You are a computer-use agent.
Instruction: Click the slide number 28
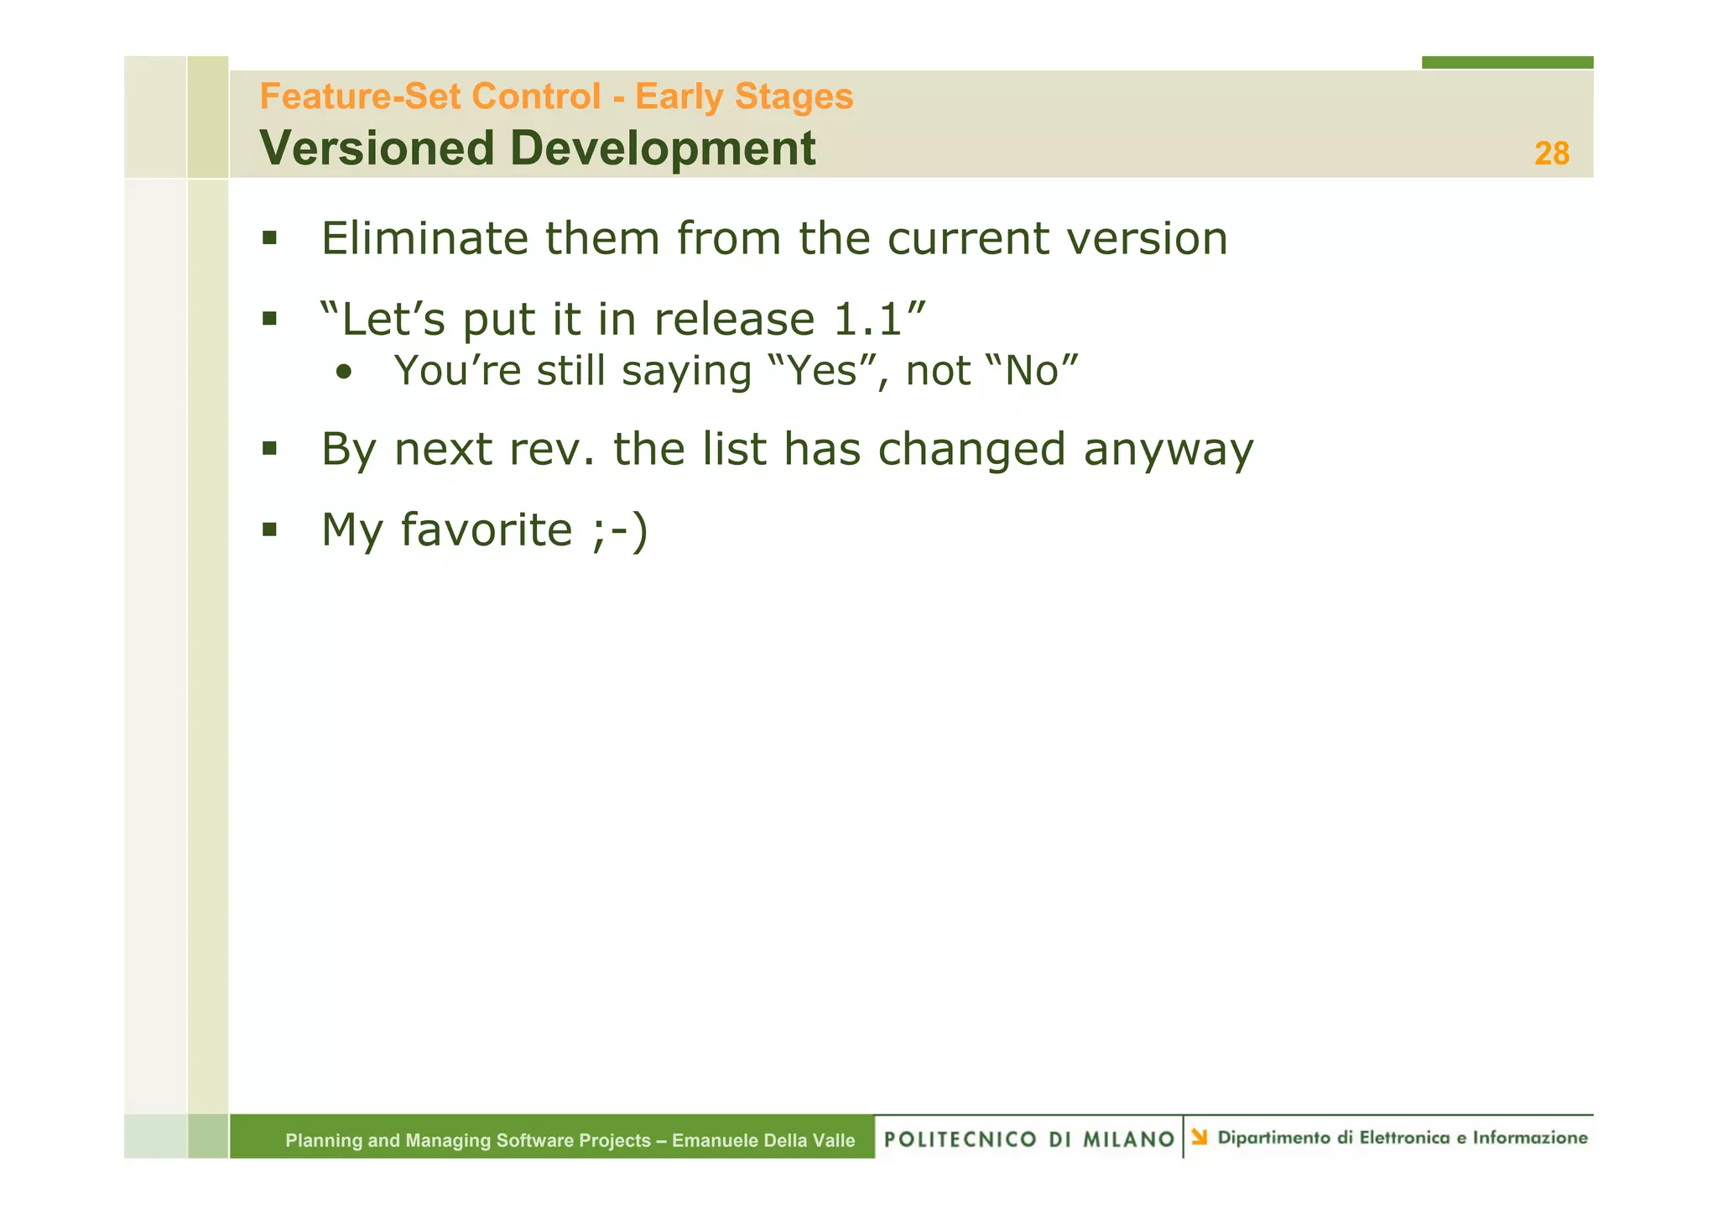(x=1551, y=154)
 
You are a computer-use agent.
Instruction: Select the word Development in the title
(x=662, y=149)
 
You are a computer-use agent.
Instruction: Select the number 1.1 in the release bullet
(x=868, y=320)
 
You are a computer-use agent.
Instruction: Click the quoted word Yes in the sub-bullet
(x=820, y=371)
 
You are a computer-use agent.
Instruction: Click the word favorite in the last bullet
(x=486, y=530)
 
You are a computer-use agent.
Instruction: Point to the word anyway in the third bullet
(x=1169, y=450)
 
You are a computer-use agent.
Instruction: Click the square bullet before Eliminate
(x=269, y=238)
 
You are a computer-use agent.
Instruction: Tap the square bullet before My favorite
(x=269, y=530)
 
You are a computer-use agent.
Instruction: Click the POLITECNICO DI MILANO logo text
(x=1029, y=1139)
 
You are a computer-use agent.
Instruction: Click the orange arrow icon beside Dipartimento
(x=1200, y=1137)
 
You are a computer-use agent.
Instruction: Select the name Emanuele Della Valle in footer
(x=763, y=1140)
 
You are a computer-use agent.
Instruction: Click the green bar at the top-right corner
(x=1507, y=62)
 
